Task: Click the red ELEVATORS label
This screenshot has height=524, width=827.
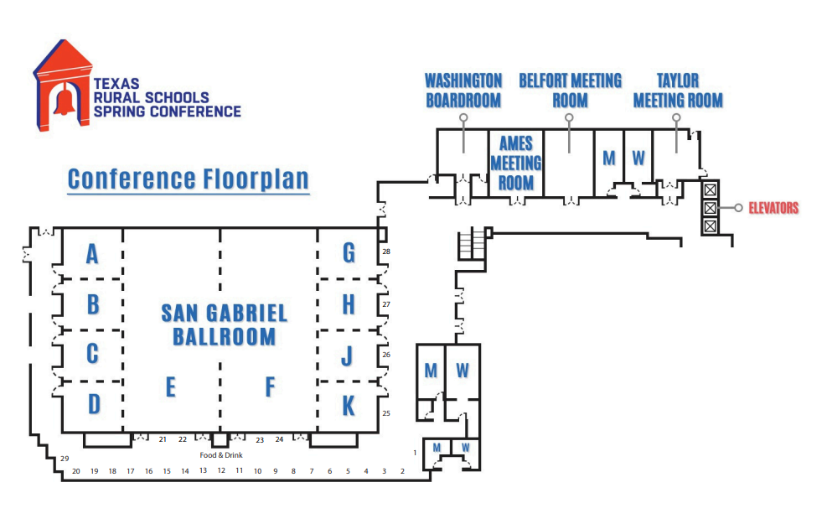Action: pyautogui.click(x=773, y=208)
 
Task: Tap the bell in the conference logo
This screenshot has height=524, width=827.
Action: pyautogui.click(x=63, y=101)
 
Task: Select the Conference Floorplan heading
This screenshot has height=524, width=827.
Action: pyautogui.click(x=189, y=179)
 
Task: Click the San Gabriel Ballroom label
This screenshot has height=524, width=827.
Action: pyautogui.click(x=224, y=324)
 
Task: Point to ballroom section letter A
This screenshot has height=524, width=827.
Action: pyautogui.click(x=92, y=253)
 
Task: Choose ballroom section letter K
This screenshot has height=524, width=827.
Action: pyautogui.click(x=348, y=406)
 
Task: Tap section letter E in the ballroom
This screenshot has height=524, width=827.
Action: pyautogui.click(x=170, y=387)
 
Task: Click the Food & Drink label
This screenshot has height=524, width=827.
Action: pyautogui.click(x=220, y=455)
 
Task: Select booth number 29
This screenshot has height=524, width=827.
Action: pyautogui.click(x=64, y=459)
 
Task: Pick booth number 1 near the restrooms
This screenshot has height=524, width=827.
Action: pyautogui.click(x=415, y=453)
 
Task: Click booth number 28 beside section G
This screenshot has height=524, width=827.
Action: pyautogui.click(x=386, y=252)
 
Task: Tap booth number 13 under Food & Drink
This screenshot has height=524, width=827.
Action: pyautogui.click(x=203, y=471)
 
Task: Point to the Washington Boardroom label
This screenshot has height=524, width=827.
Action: pyautogui.click(x=463, y=91)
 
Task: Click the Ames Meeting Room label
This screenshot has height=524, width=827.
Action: pyautogui.click(x=516, y=163)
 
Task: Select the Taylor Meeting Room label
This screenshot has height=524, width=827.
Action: pyautogui.click(x=678, y=91)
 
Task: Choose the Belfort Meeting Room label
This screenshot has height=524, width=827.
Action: pyautogui.click(x=570, y=91)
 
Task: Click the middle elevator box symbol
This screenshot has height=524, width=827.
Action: pyautogui.click(x=710, y=207)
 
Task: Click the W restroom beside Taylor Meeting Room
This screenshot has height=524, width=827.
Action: pyautogui.click(x=638, y=157)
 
